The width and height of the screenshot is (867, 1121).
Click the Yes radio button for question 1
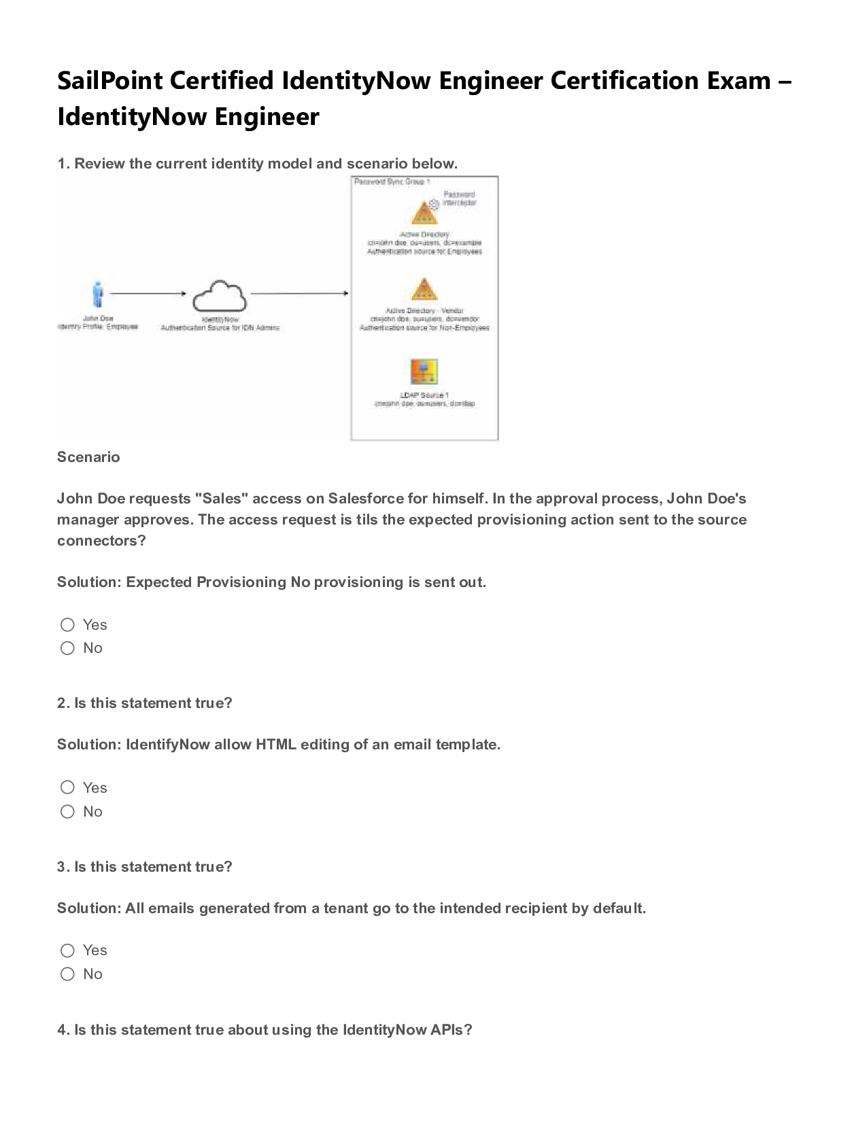point(67,624)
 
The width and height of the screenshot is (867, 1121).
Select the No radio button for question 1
point(67,648)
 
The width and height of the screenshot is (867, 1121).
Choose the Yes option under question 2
point(67,787)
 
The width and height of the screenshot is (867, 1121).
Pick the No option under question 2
point(67,811)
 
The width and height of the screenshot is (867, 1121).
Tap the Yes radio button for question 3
point(67,950)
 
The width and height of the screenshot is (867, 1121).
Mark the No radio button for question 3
point(67,974)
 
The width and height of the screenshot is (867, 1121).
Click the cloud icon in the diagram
point(219,296)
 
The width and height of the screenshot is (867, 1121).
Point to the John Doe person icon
point(98,294)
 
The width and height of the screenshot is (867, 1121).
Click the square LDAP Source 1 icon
point(424,372)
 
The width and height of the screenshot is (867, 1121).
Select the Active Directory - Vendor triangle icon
point(424,290)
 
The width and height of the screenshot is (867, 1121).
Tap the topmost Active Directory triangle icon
point(424,213)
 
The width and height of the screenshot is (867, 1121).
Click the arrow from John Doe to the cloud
point(148,293)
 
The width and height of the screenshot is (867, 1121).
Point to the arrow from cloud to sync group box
point(299,293)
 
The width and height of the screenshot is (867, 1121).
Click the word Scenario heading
point(88,457)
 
